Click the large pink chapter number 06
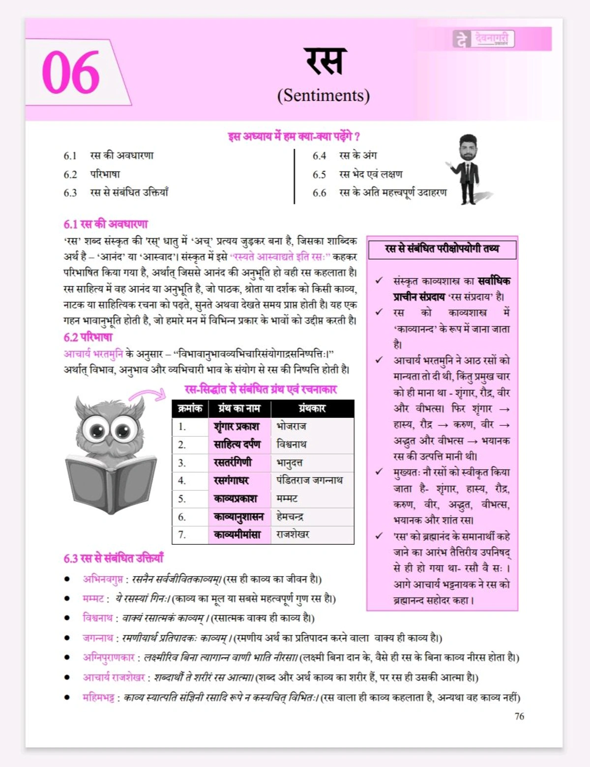[x=71, y=73]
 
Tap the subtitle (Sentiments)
[x=323, y=95]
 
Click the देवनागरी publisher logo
[x=483, y=39]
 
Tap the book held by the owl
[x=111, y=484]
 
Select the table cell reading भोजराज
[x=292, y=426]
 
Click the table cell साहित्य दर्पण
[x=237, y=444]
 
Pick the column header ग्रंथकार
[x=312, y=408]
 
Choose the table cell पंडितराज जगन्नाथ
[x=309, y=480]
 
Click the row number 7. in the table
[x=182, y=535]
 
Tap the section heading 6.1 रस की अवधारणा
[x=106, y=224]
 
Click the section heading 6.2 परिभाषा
[x=88, y=337]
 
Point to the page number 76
[x=519, y=716]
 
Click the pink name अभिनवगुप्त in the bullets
[x=103, y=579]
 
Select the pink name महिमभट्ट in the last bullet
[x=98, y=697]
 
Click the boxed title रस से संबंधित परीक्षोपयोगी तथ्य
[x=442, y=249]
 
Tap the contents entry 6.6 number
[x=319, y=193]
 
